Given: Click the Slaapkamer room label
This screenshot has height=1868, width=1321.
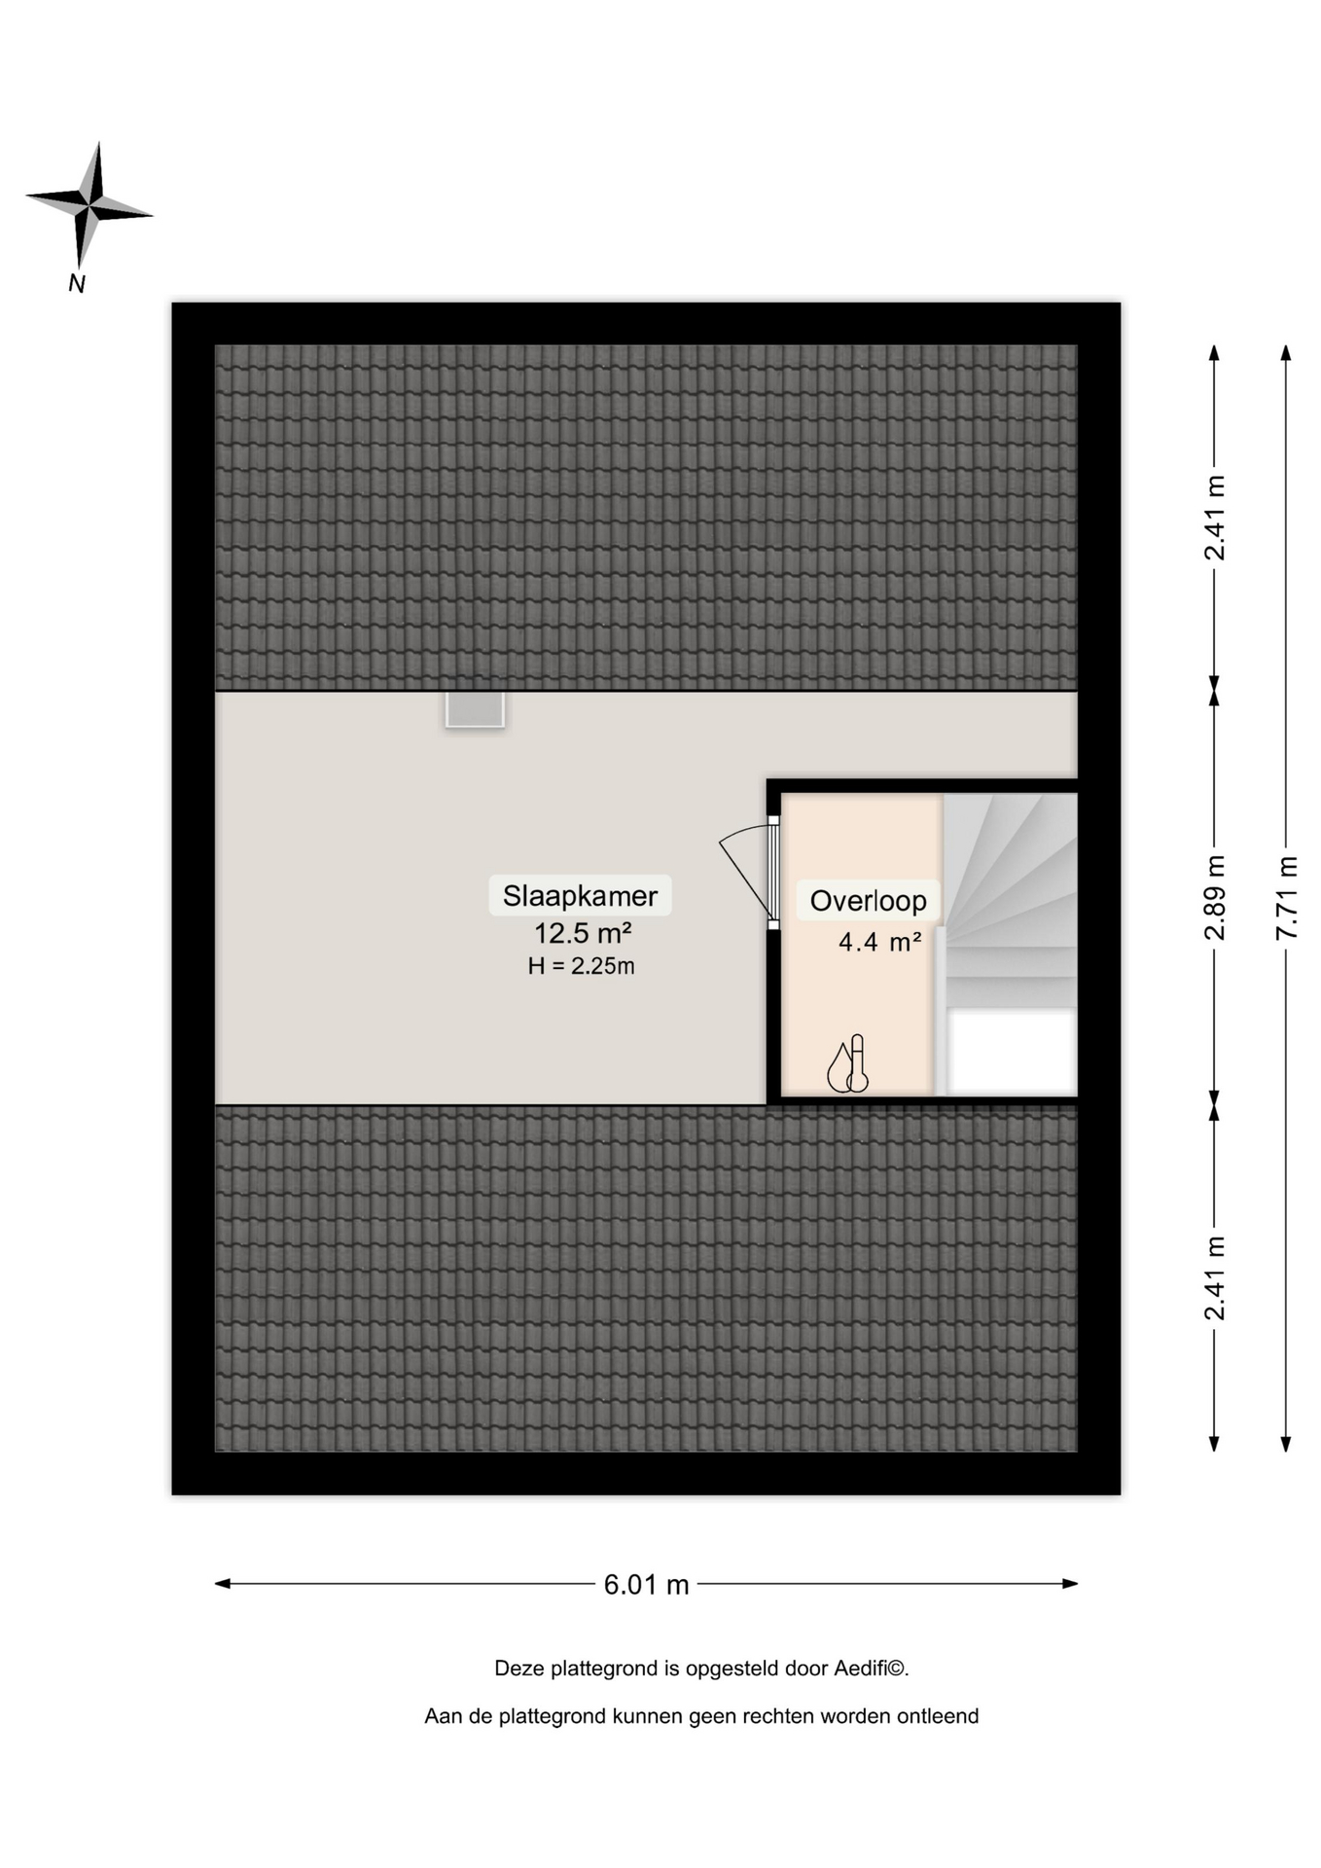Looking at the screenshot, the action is pos(580,895).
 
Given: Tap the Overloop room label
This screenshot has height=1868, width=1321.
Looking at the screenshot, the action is pos(868,901).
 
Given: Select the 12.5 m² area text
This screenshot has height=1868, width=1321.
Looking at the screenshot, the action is pos(583,933).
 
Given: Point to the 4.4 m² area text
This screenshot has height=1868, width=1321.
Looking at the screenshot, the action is pos(880,942).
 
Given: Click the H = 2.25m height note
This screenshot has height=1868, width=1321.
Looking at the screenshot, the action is pos(581,966).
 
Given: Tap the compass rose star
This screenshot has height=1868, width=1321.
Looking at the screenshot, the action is pos(89,206).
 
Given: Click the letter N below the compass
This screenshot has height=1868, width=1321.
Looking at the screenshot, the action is pos(77,283).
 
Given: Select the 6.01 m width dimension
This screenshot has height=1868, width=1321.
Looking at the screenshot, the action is pos(646,1584).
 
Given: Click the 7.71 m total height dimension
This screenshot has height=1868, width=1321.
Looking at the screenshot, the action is pos(1286,896).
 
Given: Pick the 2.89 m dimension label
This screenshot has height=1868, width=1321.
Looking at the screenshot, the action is pos(1214,896).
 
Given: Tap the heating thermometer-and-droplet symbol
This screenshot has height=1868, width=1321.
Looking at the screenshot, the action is pos(847,1063).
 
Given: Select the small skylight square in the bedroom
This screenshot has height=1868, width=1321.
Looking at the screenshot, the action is pos(475,708).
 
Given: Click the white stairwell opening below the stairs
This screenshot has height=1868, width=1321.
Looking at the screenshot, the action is pos(1012,1052).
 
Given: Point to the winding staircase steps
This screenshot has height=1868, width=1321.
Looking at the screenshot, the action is pos(1010,900).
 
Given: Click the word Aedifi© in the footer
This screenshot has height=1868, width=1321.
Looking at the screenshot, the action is pos(872,1669).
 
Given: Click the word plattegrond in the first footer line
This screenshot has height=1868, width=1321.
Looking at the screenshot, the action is pos(604,1670).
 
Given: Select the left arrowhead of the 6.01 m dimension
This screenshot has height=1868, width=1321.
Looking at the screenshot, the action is pos(222,1584).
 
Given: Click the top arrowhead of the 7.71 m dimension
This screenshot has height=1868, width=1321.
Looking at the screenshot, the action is pos(1286,353).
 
